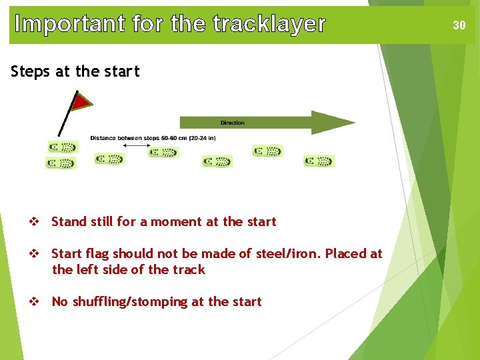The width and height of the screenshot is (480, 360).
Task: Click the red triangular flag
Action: tap(81, 101)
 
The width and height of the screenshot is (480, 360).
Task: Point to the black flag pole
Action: tap(65, 120)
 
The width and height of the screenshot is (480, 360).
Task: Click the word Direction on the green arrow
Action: tap(232, 123)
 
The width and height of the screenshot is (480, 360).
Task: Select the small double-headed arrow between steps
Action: tap(137, 145)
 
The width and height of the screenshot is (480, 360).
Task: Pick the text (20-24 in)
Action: tap(202, 138)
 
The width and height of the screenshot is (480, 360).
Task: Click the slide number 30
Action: tap(459, 25)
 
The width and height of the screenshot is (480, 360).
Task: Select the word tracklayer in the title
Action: tap(269, 24)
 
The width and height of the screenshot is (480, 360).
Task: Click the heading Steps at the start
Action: tap(75, 71)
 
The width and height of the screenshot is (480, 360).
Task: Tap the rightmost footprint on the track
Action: tap(319, 161)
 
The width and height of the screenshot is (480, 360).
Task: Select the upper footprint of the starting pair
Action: tap(63, 147)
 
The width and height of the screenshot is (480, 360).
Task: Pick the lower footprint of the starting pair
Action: tap(61, 163)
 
